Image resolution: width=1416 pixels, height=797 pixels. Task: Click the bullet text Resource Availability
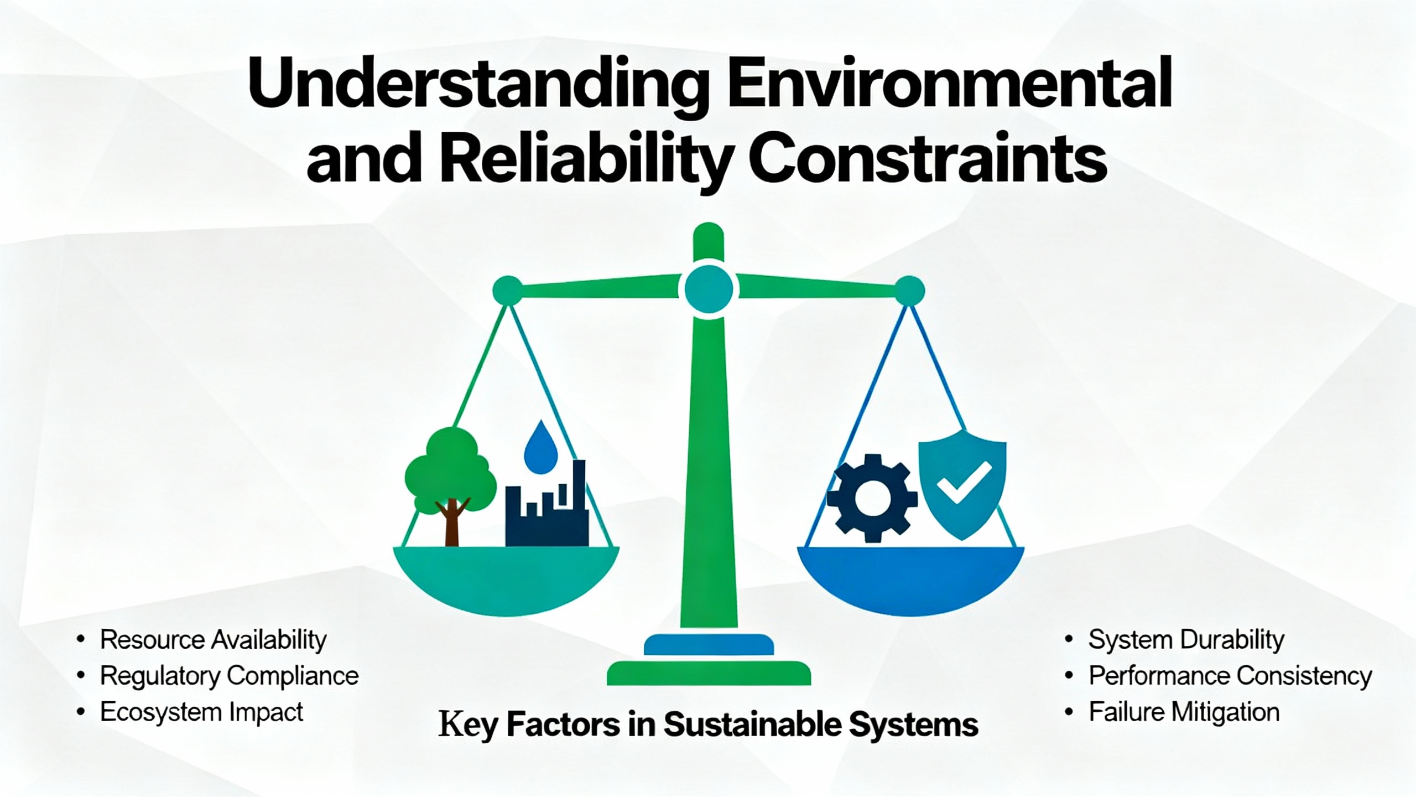(214, 640)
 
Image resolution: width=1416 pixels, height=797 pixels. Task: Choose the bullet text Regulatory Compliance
(230, 676)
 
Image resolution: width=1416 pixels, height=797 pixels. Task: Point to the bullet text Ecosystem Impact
(202, 712)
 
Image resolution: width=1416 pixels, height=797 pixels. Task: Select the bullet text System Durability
(1186, 640)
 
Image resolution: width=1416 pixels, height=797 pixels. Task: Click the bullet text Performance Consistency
(1231, 676)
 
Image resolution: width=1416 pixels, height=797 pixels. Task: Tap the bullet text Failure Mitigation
(1184, 712)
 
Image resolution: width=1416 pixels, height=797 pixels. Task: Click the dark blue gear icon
(872, 498)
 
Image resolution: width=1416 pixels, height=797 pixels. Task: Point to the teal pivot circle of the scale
(709, 288)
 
